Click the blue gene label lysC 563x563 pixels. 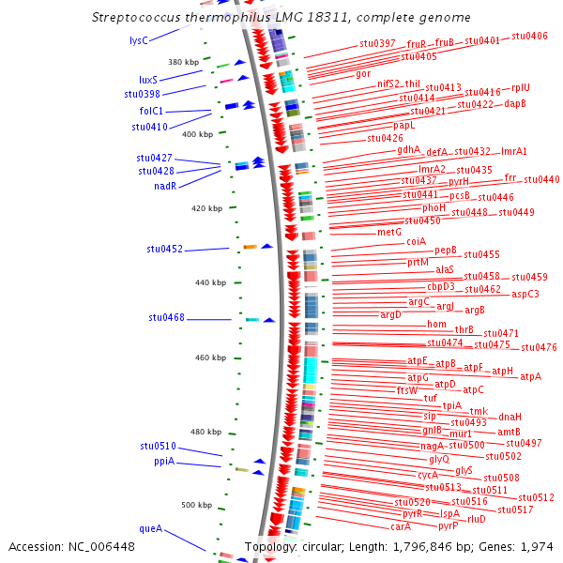(x=138, y=41)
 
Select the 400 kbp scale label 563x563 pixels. (x=197, y=135)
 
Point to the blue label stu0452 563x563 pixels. (x=165, y=250)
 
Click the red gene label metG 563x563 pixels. (x=389, y=232)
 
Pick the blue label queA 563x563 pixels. (x=150, y=529)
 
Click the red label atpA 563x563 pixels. (x=531, y=377)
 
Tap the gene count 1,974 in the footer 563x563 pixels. (x=537, y=546)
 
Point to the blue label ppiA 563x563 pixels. (x=164, y=462)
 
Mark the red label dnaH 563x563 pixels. (x=510, y=417)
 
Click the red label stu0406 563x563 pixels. (x=530, y=36)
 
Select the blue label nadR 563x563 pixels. (x=165, y=186)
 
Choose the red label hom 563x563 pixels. (x=437, y=325)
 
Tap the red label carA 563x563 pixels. (x=401, y=527)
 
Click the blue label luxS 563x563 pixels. (x=148, y=81)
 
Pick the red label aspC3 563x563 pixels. (x=525, y=295)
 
